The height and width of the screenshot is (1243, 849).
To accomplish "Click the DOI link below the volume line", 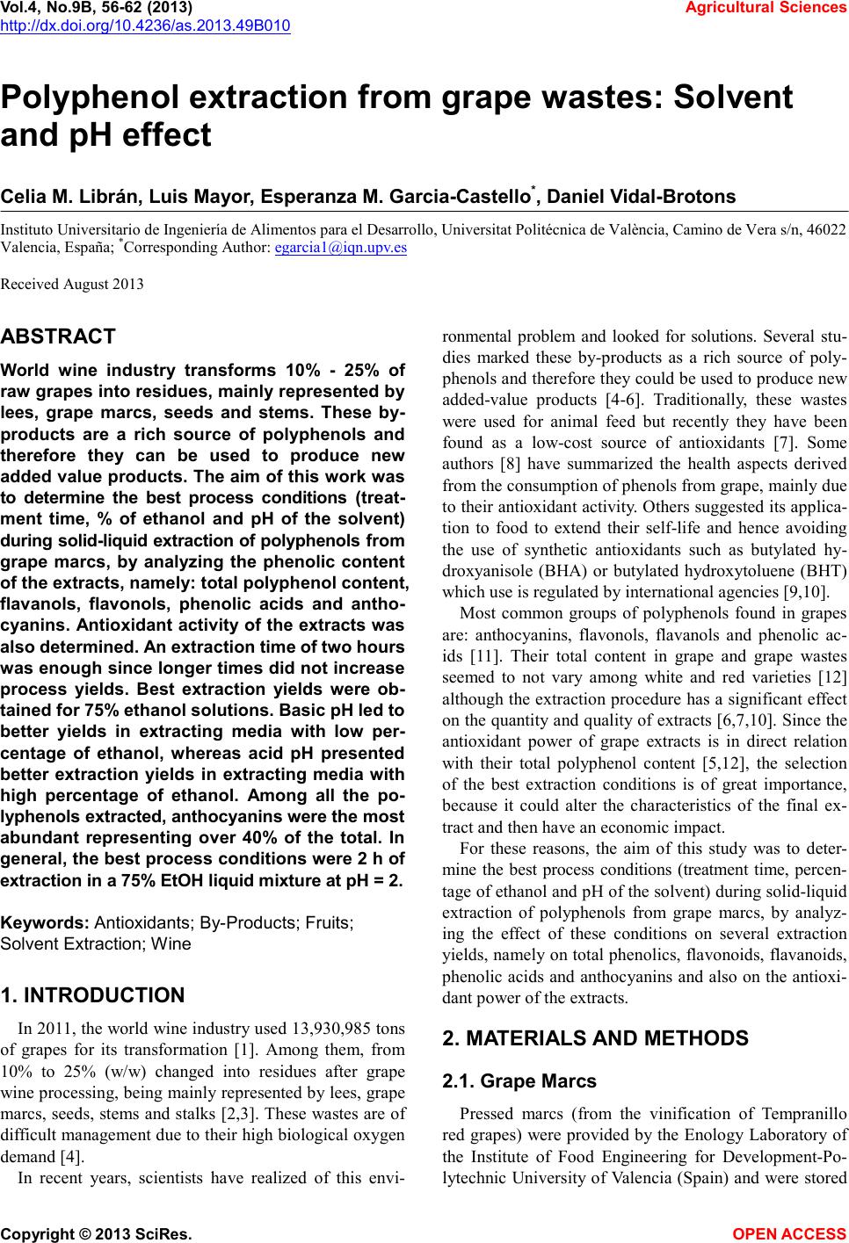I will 145,24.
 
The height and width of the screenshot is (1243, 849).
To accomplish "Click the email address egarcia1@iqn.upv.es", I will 340,248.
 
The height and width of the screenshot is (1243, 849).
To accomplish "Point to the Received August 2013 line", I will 72,284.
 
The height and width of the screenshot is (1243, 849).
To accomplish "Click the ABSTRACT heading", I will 58,336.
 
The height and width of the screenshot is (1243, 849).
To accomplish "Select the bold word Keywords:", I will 45,923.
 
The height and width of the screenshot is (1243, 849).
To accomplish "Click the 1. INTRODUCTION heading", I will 92,995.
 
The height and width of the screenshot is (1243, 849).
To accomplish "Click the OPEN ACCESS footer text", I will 789,1233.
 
